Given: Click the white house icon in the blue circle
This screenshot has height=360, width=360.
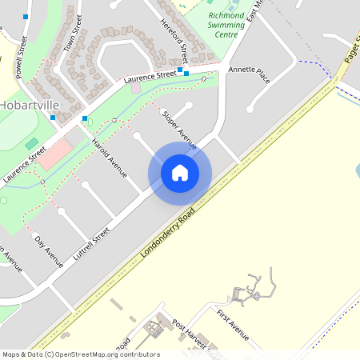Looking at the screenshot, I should tap(180, 172).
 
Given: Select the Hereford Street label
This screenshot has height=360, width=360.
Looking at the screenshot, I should tap(173, 42).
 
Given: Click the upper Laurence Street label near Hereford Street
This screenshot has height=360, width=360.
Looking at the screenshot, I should tap(149, 76).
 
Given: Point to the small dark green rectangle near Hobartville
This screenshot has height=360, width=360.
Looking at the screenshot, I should tap(31, 144).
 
